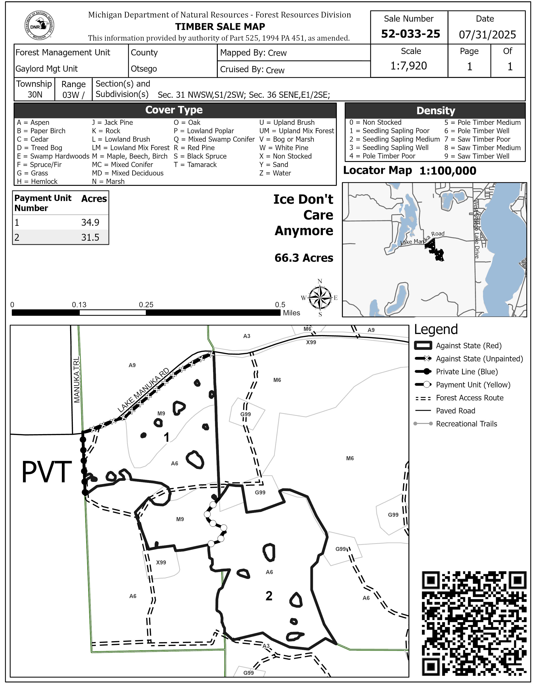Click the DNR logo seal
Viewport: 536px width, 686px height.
click(39, 26)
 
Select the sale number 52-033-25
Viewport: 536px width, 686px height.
click(410, 34)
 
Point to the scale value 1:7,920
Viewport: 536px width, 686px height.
click(408, 66)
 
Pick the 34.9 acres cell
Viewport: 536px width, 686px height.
click(90, 222)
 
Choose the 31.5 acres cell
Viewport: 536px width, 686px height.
click(90, 237)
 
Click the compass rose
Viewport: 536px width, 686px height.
click(320, 297)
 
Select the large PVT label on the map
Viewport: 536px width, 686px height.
click(47, 472)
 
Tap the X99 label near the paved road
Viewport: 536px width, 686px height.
click(311, 342)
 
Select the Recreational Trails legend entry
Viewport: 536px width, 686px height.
click(466, 424)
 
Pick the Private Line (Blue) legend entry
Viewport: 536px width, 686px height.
click(467, 372)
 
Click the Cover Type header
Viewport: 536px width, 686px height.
click(174, 110)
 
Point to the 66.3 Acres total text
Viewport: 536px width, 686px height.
click(304, 258)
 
